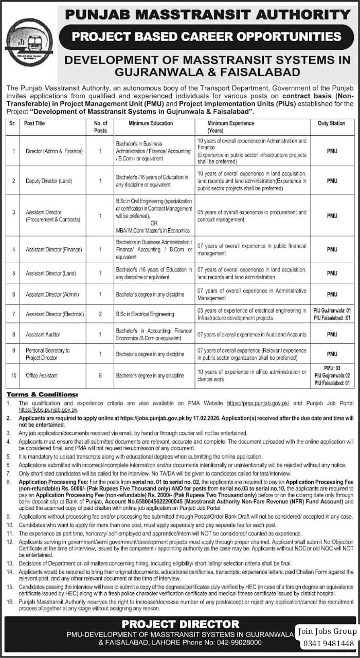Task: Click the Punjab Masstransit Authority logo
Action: (29, 42)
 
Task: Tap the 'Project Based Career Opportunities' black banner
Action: (207, 37)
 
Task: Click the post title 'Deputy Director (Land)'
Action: (49, 181)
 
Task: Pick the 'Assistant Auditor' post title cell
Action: (43, 335)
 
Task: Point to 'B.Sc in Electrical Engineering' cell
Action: (145, 314)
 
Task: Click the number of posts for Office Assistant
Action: (101, 376)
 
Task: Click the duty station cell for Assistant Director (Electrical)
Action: (332, 314)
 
